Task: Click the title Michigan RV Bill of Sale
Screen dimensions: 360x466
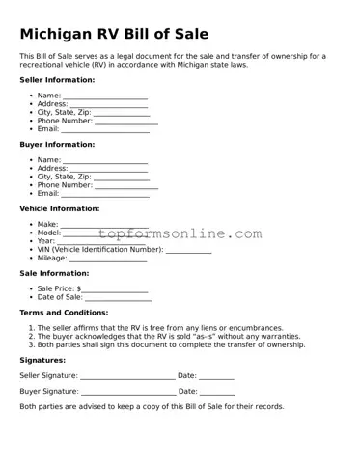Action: coord(114,34)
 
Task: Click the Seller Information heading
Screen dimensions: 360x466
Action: coord(57,79)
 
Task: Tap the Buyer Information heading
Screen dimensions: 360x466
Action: coord(57,144)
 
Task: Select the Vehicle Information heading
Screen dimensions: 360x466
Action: coord(60,208)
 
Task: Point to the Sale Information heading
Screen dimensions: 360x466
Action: coord(54,273)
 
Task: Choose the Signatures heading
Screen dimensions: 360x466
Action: coord(42,360)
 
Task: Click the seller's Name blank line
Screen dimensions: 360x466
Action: coord(105,97)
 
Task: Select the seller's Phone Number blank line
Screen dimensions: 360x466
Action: coord(125,123)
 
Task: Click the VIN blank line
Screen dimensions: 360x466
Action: coord(188,251)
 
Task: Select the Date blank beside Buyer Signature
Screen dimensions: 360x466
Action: coord(217,393)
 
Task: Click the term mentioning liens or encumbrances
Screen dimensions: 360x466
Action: coord(160,328)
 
